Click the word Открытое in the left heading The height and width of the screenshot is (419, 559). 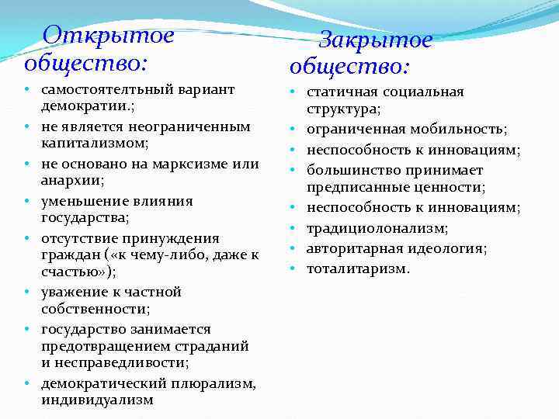108,35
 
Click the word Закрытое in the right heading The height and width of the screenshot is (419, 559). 375,40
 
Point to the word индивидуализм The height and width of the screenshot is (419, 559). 97,400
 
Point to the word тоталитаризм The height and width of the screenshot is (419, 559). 358,269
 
